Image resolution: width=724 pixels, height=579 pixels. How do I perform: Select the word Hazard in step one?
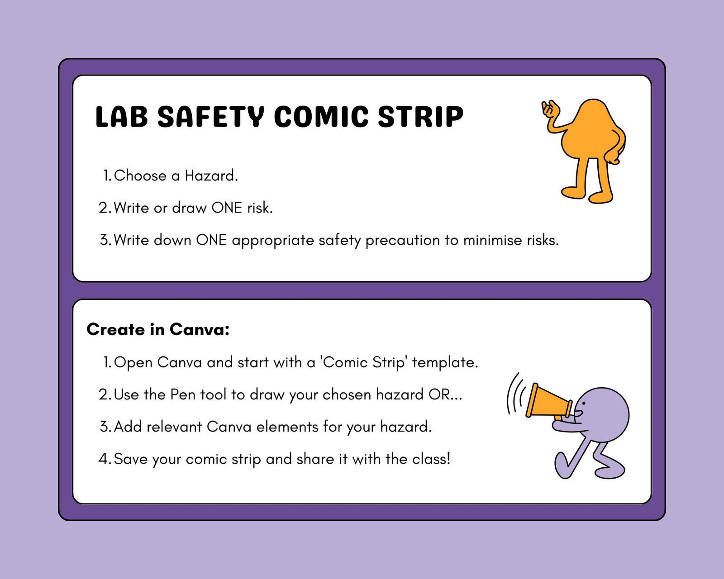point(211,176)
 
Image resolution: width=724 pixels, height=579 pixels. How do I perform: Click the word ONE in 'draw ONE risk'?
point(227,208)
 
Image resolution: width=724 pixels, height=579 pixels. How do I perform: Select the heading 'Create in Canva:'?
point(158,329)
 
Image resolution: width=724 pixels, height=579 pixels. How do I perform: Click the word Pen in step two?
point(183,394)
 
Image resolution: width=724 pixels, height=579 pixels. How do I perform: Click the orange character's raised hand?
point(550,108)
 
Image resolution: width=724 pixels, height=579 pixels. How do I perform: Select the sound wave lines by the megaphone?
point(516,393)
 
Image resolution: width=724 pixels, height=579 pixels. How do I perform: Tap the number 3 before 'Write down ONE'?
point(104,240)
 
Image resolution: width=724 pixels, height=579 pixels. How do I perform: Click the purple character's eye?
point(584,403)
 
